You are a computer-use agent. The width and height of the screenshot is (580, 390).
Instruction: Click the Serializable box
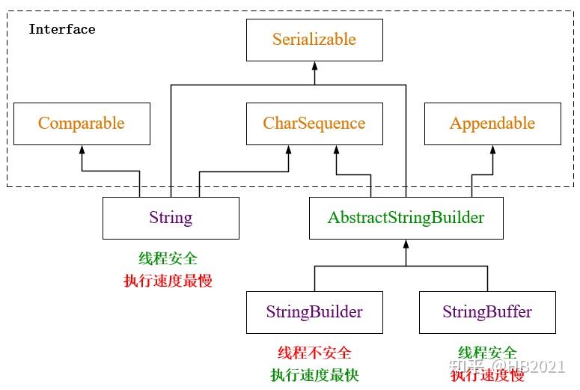314,40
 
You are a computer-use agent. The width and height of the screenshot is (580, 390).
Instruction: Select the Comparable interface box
82,124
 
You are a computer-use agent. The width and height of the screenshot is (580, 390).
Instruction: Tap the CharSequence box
314,124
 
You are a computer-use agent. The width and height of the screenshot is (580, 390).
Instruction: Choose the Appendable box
492,124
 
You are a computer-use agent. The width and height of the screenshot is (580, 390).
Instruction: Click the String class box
171,218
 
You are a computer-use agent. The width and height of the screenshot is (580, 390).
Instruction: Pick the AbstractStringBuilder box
406,218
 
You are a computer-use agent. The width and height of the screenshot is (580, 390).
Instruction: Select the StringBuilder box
314,312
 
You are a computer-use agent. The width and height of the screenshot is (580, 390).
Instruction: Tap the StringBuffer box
487,312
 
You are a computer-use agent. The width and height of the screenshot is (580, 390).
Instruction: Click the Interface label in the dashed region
62,29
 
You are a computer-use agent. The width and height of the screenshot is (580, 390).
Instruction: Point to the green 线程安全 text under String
168,258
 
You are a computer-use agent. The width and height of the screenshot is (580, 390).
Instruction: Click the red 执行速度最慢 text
168,281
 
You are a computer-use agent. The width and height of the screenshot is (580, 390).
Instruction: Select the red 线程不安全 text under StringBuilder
314,353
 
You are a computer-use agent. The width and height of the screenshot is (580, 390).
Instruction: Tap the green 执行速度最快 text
314,375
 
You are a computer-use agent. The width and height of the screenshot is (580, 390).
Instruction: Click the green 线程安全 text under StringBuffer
487,353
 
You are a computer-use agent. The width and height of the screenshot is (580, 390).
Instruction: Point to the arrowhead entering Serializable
314,67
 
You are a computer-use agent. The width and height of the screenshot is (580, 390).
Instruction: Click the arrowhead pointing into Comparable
82,150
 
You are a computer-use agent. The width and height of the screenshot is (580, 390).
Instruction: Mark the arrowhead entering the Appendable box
492,150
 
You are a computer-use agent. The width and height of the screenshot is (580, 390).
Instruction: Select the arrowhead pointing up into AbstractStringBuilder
406,244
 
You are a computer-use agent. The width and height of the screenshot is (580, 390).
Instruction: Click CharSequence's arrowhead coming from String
288,150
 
